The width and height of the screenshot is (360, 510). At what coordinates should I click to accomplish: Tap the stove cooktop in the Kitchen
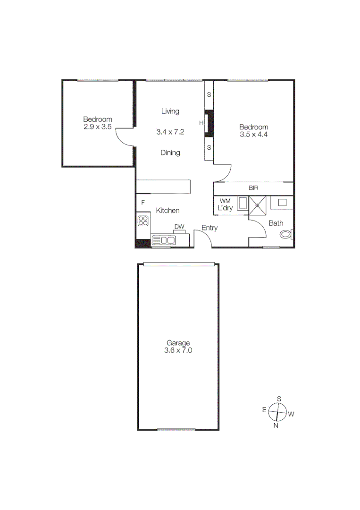pyautogui.click(x=143, y=221)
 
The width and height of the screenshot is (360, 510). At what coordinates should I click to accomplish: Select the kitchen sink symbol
pyautogui.click(x=164, y=240)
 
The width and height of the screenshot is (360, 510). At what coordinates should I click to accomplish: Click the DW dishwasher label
pyautogui.click(x=179, y=227)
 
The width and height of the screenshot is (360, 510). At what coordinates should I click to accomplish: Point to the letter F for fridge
pyautogui.click(x=142, y=203)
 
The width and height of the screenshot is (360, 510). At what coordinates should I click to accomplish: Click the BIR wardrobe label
pyautogui.click(x=254, y=188)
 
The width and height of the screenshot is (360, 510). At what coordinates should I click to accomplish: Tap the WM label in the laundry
pyautogui.click(x=225, y=201)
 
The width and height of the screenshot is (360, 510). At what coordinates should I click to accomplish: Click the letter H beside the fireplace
pyautogui.click(x=201, y=124)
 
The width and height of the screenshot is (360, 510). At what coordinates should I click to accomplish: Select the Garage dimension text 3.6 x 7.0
pyautogui.click(x=177, y=350)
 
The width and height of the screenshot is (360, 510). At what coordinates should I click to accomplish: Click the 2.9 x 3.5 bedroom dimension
pyautogui.click(x=98, y=127)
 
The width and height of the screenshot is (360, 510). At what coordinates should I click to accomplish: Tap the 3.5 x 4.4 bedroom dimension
pyautogui.click(x=254, y=134)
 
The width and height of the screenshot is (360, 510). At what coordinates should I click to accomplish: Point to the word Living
pyautogui.click(x=170, y=111)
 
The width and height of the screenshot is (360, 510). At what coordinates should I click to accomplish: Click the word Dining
pyautogui.click(x=170, y=153)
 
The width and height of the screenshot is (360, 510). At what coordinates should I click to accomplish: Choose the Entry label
pyautogui.click(x=209, y=228)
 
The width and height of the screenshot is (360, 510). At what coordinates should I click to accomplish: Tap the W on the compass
pyautogui.click(x=291, y=414)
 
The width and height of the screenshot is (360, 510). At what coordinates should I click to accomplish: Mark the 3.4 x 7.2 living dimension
pyautogui.click(x=170, y=132)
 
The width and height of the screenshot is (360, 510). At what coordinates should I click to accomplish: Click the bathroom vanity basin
pyautogui.click(x=283, y=202)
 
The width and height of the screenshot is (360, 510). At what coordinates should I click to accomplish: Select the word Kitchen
pyautogui.click(x=167, y=211)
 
